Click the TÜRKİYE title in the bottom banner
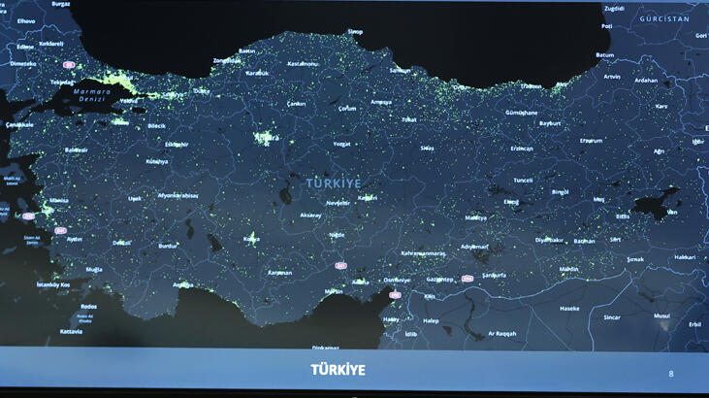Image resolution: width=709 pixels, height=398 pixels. tap(338, 370)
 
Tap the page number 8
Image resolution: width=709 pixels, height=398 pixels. tap(671, 374)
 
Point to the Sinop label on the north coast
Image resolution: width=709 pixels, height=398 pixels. tap(356, 32)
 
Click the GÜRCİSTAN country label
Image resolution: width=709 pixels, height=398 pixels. tap(664, 18)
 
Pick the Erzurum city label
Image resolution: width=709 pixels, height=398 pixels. tap(591, 140)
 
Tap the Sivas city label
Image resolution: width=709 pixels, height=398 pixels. tap(427, 148)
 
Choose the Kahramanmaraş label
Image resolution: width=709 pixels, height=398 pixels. tap(423, 253)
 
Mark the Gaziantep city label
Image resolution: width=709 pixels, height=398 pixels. tap(439, 279)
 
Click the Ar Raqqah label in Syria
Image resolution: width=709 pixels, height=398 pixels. tap(501, 333)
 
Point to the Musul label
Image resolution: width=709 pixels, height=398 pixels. tap(661, 315)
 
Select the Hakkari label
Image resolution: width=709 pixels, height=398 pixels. tap(685, 257)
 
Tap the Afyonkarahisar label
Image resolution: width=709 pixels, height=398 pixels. tap(178, 195)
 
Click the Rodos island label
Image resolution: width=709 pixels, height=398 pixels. tap(88, 307)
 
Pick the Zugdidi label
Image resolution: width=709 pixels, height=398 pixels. tap(613, 8)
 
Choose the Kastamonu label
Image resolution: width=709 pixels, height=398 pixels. tap(303, 64)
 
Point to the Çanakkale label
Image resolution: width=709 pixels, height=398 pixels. tap(19, 124)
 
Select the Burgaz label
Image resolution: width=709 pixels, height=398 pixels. tap(60, 4)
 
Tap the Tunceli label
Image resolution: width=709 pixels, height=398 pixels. tap(523, 180)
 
